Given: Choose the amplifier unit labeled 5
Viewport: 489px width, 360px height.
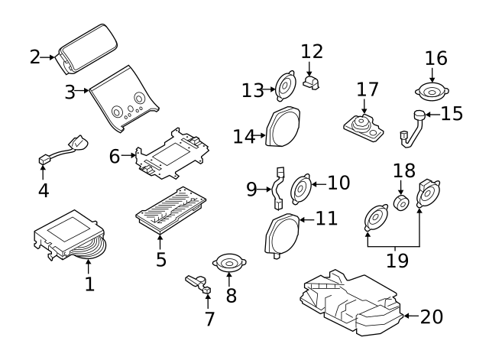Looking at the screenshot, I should pyautogui.click(x=170, y=209).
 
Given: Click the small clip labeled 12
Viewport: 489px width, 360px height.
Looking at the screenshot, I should pyautogui.click(x=310, y=82).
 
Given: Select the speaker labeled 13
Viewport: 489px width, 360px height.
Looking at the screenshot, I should pyautogui.click(x=285, y=88).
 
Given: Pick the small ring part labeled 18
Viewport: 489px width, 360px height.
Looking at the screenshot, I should pyautogui.click(x=400, y=203).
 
